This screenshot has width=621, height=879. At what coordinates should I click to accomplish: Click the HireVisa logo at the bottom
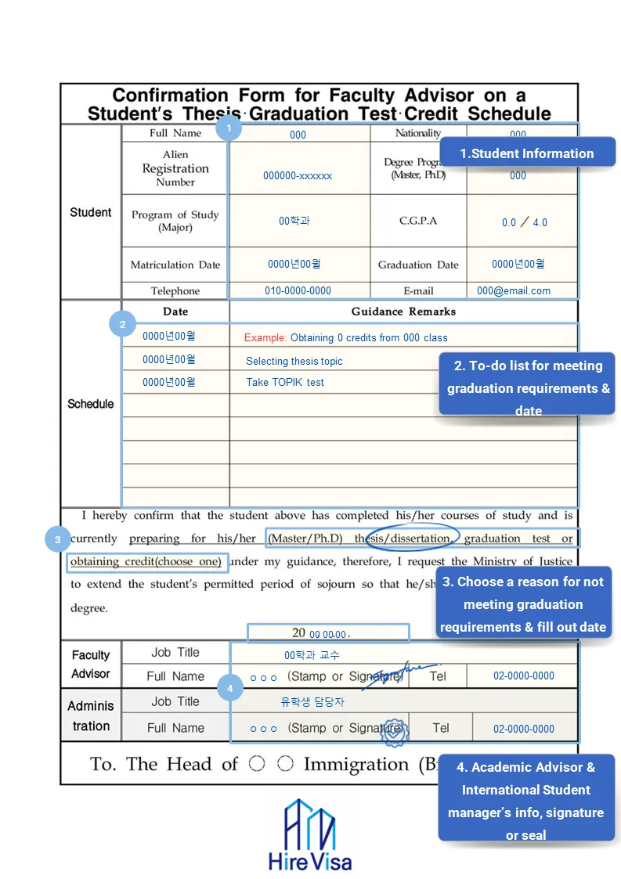pos(310,835)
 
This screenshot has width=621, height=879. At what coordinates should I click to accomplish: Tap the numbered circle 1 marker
pos(229,127)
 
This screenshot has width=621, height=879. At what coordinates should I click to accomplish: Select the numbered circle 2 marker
pos(122,323)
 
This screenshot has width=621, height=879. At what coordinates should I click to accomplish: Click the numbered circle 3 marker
pos(58,539)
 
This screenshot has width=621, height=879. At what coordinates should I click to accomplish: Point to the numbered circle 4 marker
pos(229,689)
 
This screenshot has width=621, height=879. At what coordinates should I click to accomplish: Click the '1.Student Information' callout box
pos(526,153)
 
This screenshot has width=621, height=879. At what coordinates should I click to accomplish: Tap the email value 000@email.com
pos(514,290)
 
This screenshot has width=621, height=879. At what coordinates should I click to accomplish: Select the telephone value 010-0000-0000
pos(298,290)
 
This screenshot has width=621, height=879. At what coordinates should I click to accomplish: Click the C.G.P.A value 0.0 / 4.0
pos(524,222)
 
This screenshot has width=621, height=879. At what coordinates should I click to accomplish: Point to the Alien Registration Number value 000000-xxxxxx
pos(298,176)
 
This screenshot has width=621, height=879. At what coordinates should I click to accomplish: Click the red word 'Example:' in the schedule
pos(265,338)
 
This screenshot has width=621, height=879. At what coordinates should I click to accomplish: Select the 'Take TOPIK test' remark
pos(285,383)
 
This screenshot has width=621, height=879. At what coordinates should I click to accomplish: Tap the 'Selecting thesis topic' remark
pos(294,362)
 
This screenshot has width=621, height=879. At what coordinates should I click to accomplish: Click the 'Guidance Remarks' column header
pos(403,312)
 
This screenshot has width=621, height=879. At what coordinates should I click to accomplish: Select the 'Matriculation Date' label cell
pos(175,265)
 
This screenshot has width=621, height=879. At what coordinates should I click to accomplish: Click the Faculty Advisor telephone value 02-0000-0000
pos(524,675)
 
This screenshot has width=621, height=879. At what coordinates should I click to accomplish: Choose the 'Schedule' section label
pos(91,404)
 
